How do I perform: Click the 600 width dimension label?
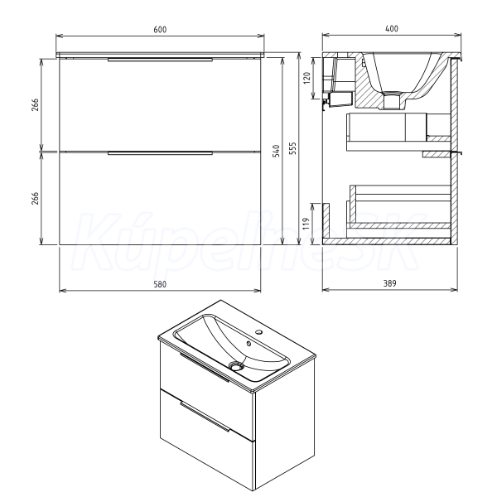[160, 30]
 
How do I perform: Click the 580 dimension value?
[160, 284]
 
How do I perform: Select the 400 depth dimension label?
[392, 28]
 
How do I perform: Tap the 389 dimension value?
[390, 283]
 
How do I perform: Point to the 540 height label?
[277, 151]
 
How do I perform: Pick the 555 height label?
[292, 148]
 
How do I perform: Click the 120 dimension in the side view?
[306, 78]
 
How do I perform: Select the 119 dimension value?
[306, 224]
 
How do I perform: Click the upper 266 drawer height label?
[35, 104]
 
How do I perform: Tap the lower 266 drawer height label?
[35, 198]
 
